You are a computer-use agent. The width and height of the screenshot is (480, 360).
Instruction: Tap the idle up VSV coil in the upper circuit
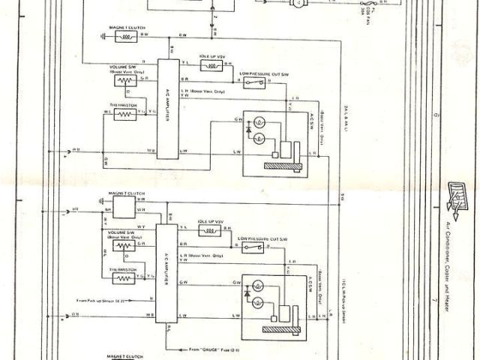pos(212,66)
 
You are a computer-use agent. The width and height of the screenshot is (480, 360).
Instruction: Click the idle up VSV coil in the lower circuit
pos(210,232)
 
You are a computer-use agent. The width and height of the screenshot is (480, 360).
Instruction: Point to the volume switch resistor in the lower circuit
pos(122,245)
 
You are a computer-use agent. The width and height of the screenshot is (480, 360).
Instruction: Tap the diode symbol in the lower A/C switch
pos(247,295)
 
